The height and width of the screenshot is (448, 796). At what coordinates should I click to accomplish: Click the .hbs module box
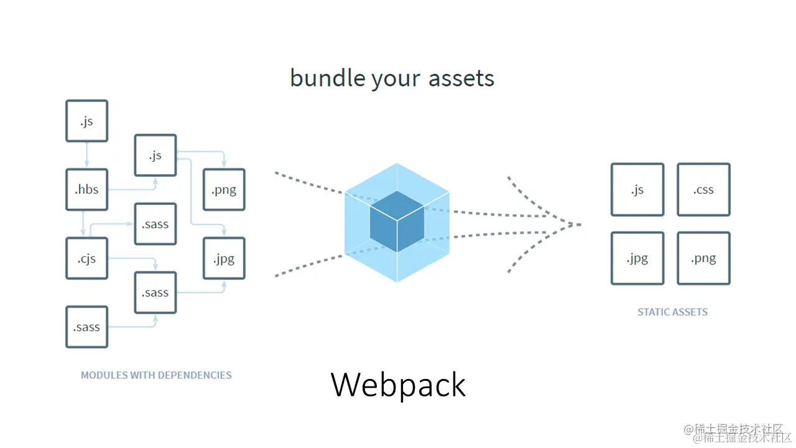(86, 189)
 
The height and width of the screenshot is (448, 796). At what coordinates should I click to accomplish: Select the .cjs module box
(86, 258)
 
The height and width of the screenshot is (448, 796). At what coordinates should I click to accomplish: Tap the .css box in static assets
(703, 190)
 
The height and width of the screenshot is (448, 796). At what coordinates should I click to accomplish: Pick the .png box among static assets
(703, 258)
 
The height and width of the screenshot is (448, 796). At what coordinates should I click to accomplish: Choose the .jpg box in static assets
(637, 258)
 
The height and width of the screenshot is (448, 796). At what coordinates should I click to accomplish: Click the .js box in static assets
(637, 190)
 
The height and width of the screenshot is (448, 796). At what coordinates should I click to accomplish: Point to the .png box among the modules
(224, 190)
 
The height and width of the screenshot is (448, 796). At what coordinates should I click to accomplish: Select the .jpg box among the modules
(224, 258)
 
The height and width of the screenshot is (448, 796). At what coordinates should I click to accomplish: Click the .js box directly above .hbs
(86, 121)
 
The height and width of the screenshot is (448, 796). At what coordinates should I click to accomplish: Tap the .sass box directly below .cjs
(86, 327)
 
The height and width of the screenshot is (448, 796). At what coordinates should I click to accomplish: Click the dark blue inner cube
(397, 222)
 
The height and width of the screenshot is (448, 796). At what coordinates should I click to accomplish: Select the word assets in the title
(461, 78)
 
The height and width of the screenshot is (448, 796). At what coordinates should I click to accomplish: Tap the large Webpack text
(398, 385)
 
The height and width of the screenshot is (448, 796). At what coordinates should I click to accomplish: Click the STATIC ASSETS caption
(672, 312)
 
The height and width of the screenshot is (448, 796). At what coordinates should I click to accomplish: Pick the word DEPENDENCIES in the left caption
(195, 375)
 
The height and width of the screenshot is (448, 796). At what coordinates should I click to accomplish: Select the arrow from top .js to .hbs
(86, 155)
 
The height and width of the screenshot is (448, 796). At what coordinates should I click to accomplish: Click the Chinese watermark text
(738, 434)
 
